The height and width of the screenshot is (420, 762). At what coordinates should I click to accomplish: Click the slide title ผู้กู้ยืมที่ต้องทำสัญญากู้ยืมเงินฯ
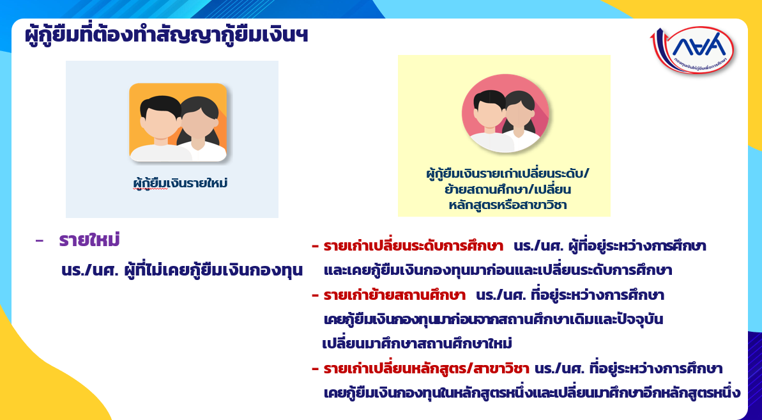tap(167, 36)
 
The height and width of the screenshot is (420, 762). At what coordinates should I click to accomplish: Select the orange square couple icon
tap(178, 123)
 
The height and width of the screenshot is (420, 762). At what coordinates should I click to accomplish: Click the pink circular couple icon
tap(505, 113)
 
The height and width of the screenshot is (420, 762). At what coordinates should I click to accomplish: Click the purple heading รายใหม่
tap(89, 240)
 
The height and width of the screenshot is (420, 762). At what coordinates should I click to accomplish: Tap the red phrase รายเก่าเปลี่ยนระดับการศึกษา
tap(413, 246)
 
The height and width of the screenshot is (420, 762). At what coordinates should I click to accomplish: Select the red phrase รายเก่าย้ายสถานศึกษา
tap(395, 295)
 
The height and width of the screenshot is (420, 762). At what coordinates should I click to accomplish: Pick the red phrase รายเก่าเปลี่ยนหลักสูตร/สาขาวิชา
tap(426, 368)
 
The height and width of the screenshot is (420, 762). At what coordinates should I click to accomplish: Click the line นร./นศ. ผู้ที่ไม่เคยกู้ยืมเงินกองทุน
tap(182, 270)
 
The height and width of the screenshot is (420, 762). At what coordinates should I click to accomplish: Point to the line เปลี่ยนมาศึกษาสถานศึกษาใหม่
tap(417, 344)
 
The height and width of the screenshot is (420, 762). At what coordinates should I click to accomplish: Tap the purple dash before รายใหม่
tap(40, 241)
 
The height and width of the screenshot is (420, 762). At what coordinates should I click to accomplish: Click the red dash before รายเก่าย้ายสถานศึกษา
tap(315, 296)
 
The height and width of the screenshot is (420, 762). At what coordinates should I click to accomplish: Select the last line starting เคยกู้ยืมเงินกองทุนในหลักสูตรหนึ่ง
tap(531, 393)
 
